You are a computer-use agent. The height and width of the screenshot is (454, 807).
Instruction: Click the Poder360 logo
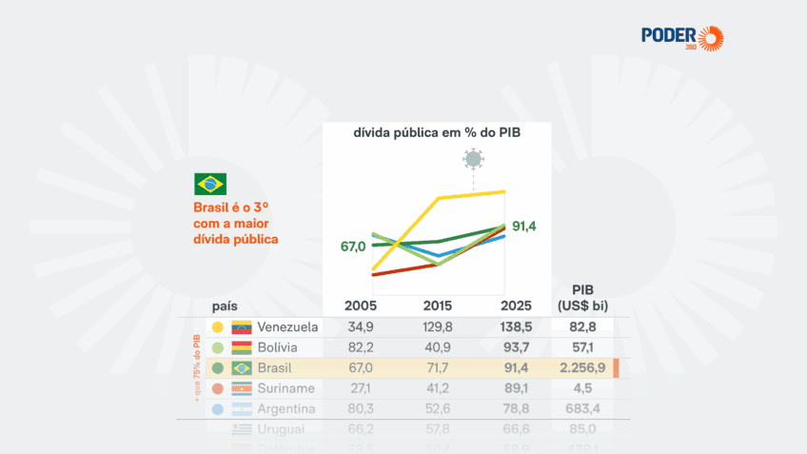(x=682, y=38)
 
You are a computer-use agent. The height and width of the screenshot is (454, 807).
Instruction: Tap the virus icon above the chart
(x=473, y=158)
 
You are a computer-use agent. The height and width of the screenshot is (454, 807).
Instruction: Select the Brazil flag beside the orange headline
(x=209, y=184)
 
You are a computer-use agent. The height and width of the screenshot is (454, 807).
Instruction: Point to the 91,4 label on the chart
(x=524, y=226)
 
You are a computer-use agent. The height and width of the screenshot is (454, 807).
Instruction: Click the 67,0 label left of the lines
(x=353, y=247)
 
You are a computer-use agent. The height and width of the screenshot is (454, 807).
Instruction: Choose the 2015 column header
(x=438, y=306)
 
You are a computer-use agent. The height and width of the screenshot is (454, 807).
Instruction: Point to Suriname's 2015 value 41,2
(x=438, y=388)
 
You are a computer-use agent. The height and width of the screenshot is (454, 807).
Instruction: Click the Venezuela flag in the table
(x=241, y=326)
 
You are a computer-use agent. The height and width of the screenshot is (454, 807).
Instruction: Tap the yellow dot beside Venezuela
(x=218, y=326)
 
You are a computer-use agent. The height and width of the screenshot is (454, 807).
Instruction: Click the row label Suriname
(x=287, y=388)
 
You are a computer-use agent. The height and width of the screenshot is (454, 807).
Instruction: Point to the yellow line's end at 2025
(x=504, y=192)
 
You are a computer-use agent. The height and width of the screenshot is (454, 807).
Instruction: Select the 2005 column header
(x=361, y=306)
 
